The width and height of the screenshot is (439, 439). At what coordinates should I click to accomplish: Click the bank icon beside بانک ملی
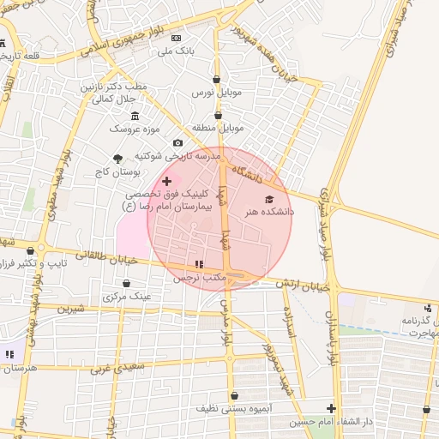click(x=176, y=39)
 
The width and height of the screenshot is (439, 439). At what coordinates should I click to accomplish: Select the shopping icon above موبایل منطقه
click(x=217, y=115)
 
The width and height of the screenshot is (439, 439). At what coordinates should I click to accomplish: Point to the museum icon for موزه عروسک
click(x=135, y=116)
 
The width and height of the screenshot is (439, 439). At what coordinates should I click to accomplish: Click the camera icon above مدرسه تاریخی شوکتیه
click(x=177, y=143)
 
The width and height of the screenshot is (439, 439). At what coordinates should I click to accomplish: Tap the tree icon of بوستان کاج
click(x=117, y=158)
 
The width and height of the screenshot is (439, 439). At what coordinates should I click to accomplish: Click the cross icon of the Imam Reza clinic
click(x=166, y=181)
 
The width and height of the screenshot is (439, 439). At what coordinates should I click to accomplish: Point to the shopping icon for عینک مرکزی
click(x=127, y=283)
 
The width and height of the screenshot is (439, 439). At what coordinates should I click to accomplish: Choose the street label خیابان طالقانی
click(x=100, y=255)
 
